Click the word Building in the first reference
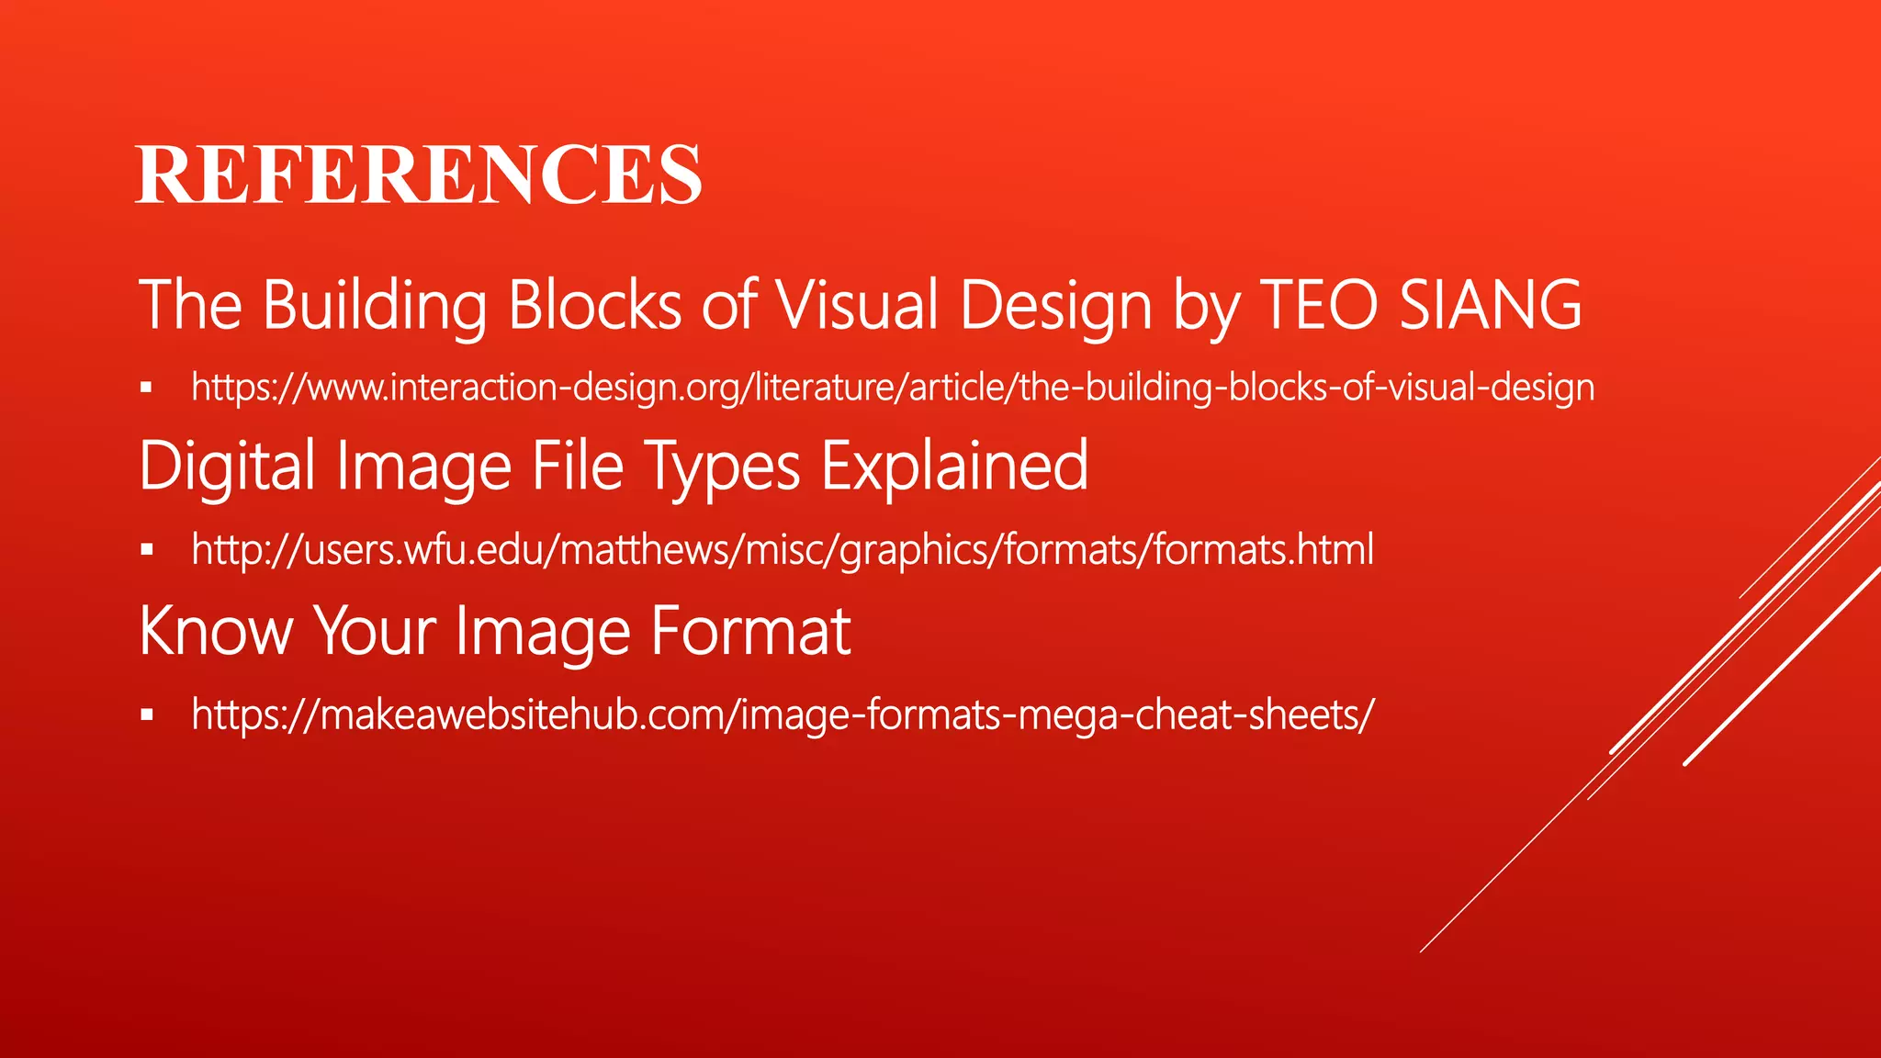[x=375, y=306]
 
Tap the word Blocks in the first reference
[x=595, y=306]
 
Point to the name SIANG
[x=1492, y=306]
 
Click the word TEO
[x=1319, y=306]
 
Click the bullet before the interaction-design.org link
[x=146, y=388]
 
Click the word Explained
[x=954, y=467]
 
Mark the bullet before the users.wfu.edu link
[x=146, y=550]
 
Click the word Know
[x=215, y=631]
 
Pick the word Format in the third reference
[x=751, y=631]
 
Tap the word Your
[x=376, y=631]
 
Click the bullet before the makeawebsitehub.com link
[x=146, y=715]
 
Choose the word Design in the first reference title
[x=1055, y=306]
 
